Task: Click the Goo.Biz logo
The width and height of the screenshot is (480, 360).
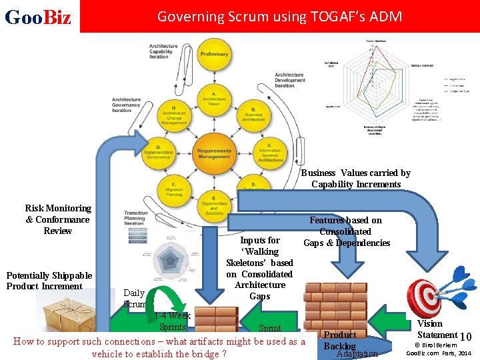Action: [x=38, y=17]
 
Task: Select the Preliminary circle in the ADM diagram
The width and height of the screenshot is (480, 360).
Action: [x=214, y=55]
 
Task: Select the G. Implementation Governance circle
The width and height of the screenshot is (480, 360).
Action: [x=159, y=151]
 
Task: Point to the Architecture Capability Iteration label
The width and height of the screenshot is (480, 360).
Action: [x=164, y=51]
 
